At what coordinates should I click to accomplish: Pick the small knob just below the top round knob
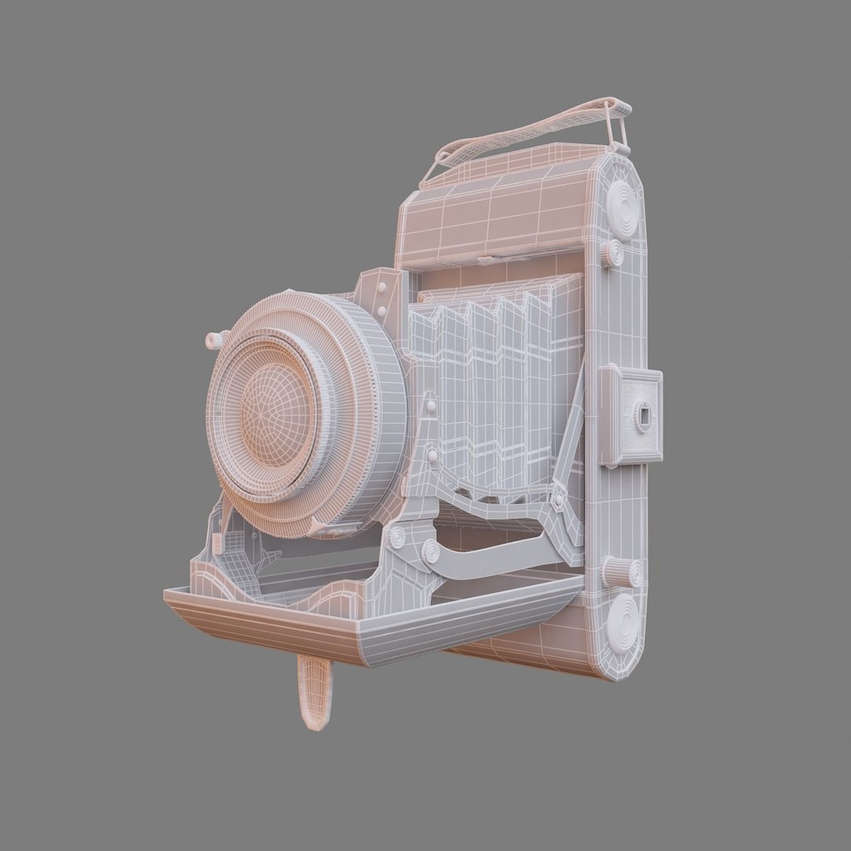(x=611, y=253)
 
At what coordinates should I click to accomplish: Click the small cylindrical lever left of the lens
(x=214, y=340)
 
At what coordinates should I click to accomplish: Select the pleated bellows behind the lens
(x=496, y=386)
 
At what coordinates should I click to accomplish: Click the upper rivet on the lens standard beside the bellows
(x=431, y=407)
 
